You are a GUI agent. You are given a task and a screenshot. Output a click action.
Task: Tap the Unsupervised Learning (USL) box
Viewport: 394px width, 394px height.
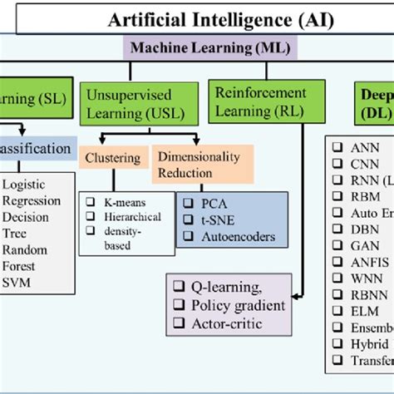pyautogui.click(x=138, y=103)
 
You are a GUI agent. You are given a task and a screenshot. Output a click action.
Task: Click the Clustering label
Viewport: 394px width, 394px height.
pyautogui.click(x=115, y=155)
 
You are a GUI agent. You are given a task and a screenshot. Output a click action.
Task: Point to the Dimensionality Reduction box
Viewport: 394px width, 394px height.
pyautogui.click(x=199, y=163)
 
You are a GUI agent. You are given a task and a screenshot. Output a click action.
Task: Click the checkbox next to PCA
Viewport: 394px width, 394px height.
pyautogui.click(x=185, y=203)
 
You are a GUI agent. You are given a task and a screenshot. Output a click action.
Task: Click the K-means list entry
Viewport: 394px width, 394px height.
pyautogui.click(x=117, y=201)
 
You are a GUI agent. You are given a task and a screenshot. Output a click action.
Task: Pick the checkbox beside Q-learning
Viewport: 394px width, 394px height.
pyautogui.click(x=177, y=288)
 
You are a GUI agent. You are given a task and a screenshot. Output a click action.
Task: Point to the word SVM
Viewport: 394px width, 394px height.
pyautogui.click(x=17, y=283)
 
